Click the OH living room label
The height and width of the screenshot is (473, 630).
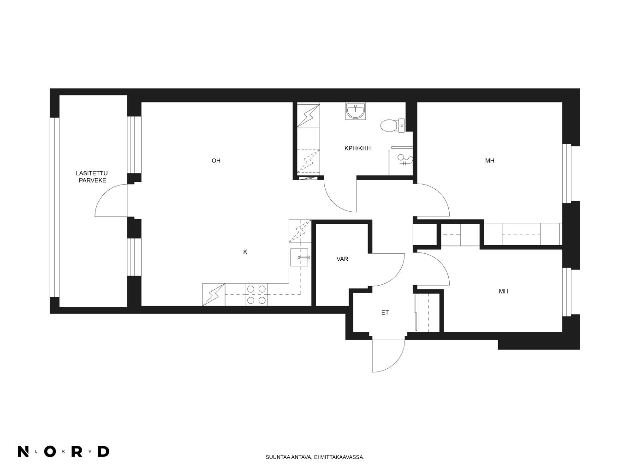tap(216, 161)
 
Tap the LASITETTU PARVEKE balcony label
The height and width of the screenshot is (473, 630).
tap(92, 177)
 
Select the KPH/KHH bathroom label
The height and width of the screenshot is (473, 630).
tap(357, 148)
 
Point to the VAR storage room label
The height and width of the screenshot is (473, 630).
tap(342, 259)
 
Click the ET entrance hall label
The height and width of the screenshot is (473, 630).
tap(385, 312)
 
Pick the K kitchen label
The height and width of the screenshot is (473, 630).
tap(245, 252)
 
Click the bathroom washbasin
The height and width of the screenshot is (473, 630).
tap(356, 111)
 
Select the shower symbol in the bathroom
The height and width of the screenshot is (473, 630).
tap(404, 160)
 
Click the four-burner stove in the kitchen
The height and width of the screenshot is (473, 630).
tap(256, 294)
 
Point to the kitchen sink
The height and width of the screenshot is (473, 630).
tap(299, 257)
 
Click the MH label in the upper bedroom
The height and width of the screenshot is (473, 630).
tap(490, 161)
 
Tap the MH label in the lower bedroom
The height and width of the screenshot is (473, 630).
tap(504, 291)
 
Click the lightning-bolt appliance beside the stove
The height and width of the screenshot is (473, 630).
tap(214, 294)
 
